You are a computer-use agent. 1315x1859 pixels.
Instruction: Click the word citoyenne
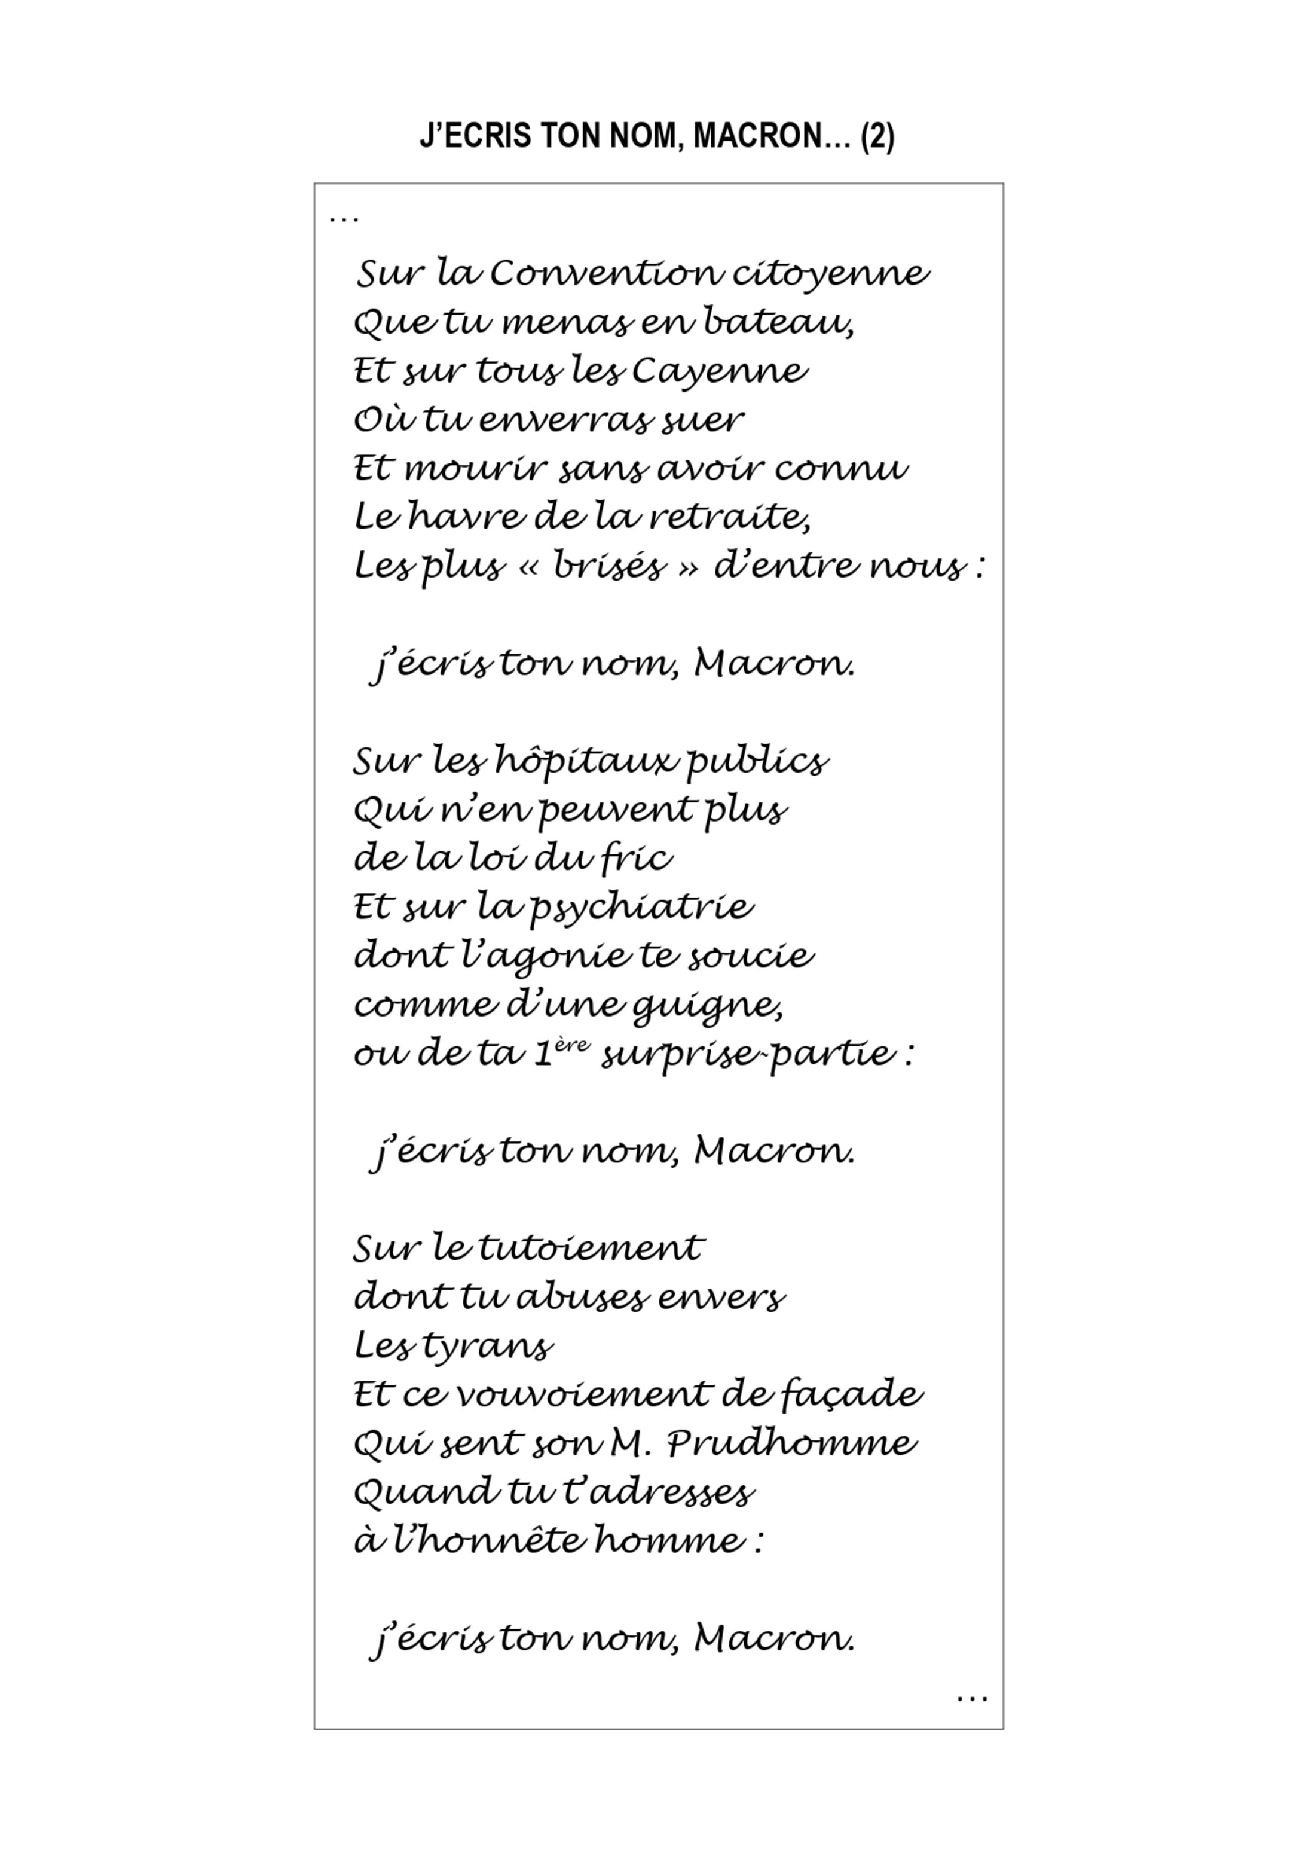(831, 274)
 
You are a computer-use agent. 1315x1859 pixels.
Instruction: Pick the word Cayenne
(720, 372)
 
